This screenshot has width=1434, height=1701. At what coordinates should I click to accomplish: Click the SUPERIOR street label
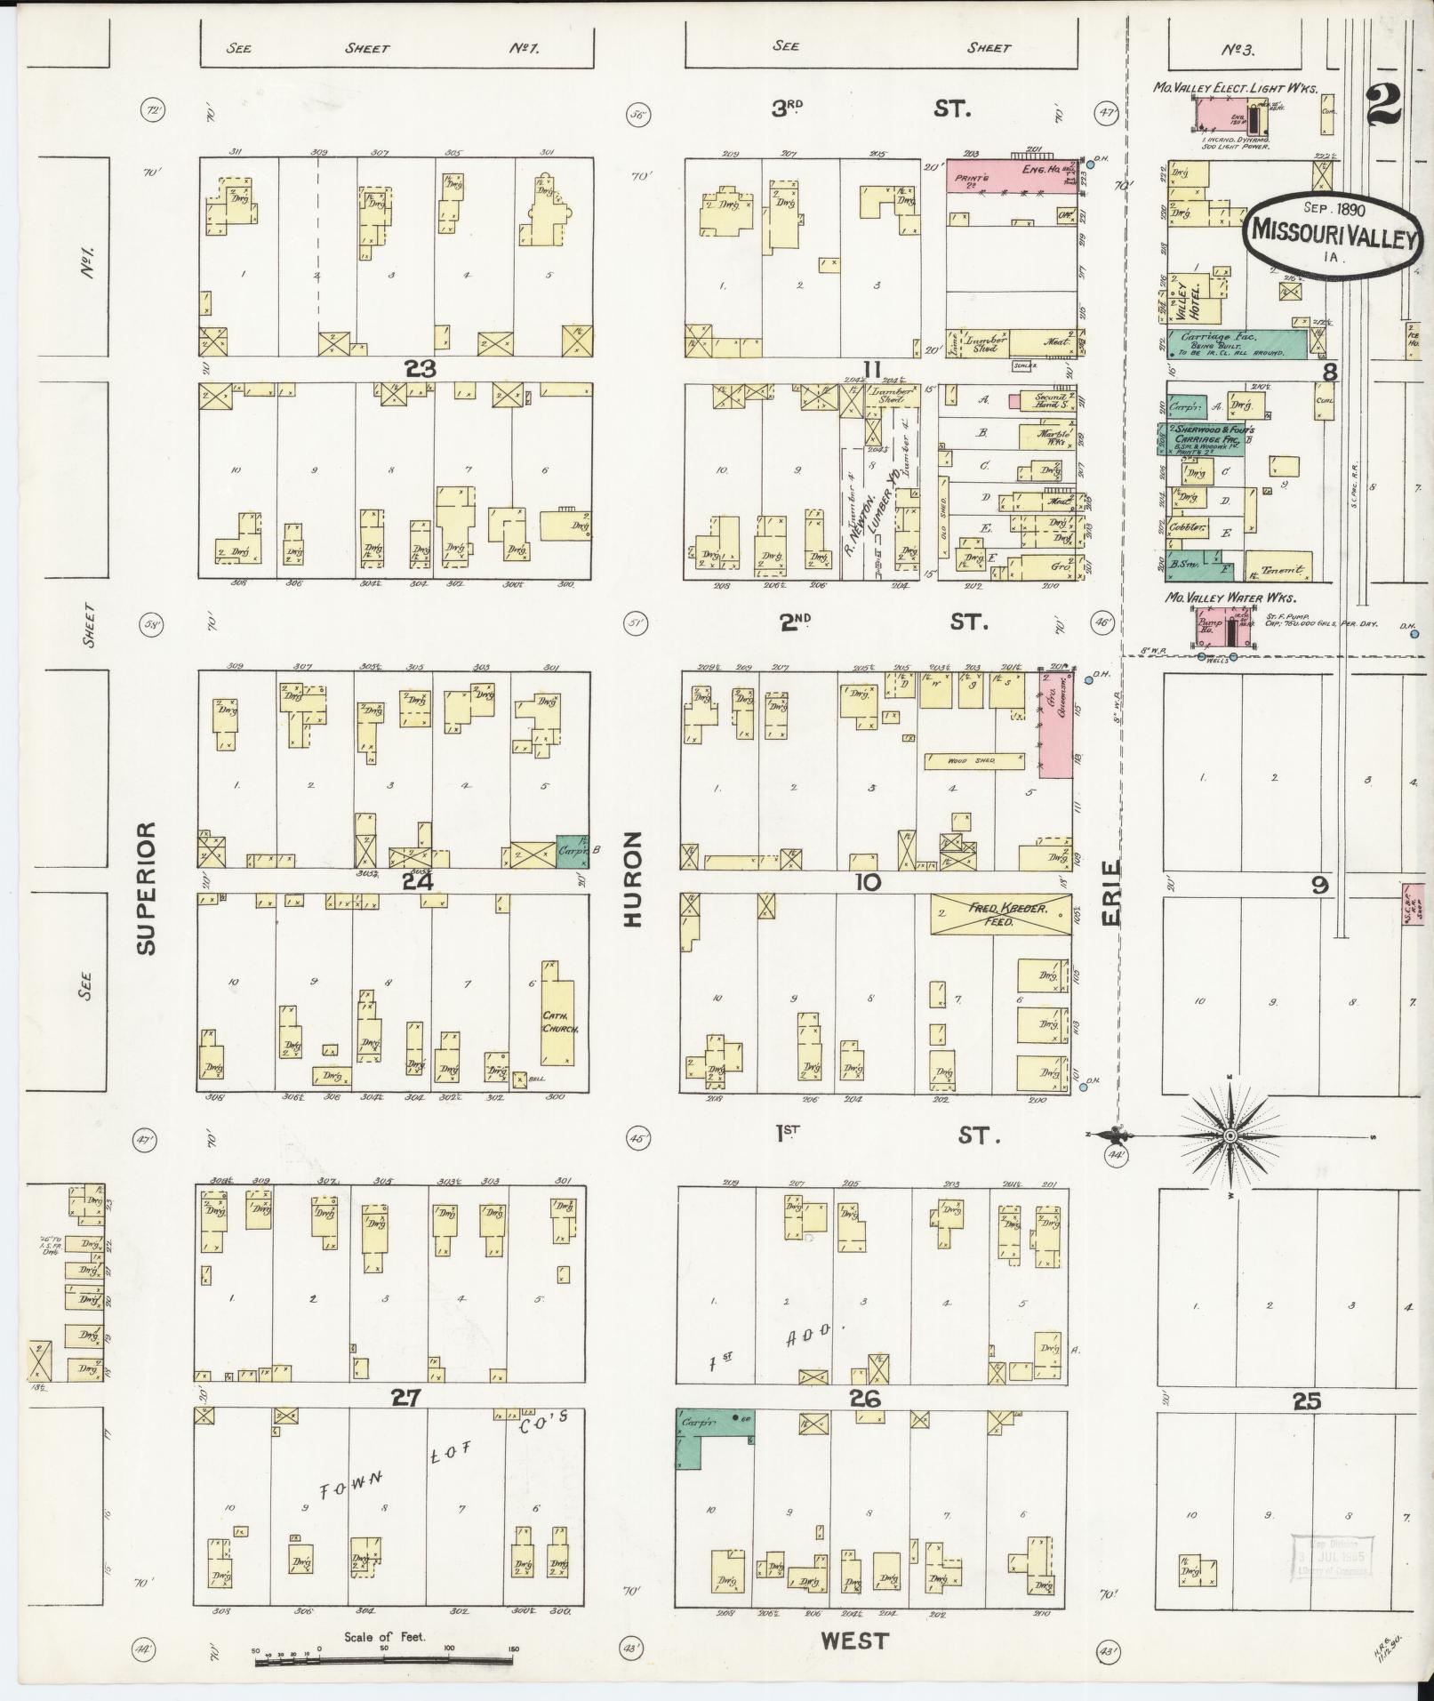147,887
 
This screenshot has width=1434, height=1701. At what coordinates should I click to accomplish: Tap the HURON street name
632,879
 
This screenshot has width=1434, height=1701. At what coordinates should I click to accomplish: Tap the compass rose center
1230,1136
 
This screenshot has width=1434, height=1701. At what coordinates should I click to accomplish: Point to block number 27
405,1398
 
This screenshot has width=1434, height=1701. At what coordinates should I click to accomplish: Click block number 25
1306,1401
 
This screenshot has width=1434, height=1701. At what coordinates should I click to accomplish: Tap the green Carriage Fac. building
1237,344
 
